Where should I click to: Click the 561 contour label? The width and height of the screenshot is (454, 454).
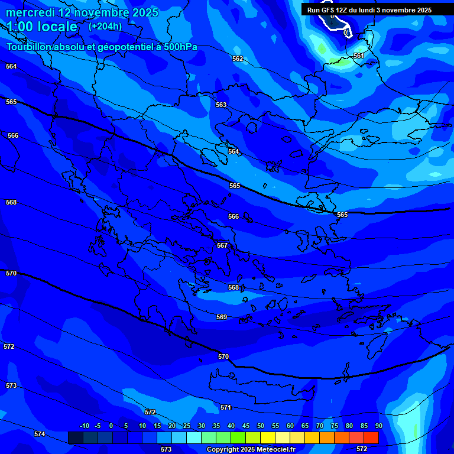click(x=359, y=56)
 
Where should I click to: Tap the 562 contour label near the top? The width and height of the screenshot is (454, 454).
click(x=238, y=59)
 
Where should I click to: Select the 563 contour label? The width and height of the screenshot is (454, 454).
click(x=221, y=105)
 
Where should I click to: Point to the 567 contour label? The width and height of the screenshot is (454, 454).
click(x=222, y=245)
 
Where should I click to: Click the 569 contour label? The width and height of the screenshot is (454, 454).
click(x=222, y=317)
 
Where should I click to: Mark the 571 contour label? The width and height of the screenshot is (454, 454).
click(x=225, y=408)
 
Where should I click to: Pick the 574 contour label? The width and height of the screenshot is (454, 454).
click(x=40, y=434)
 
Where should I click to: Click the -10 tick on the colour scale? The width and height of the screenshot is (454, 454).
click(x=84, y=426)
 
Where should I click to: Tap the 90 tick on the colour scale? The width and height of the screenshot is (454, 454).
click(x=378, y=426)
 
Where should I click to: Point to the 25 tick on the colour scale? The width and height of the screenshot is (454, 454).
click(x=186, y=426)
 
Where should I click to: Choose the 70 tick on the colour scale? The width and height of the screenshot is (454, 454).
click(x=319, y=426)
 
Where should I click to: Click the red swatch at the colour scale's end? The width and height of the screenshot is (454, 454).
click(x=371, y=437)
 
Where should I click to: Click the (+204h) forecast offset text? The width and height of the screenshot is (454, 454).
click(x=105, y=26)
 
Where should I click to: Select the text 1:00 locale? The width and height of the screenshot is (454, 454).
click(x=43, y=27)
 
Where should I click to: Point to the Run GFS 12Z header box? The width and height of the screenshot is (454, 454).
click(x=369, y=10)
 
